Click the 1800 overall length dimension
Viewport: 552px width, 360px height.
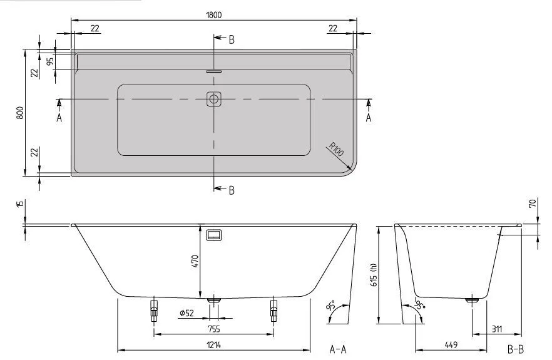tap(214, 14)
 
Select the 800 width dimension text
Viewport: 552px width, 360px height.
tap(20, 113)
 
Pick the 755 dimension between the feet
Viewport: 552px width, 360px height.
tap(213, 329)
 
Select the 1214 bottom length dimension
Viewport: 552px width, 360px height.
tap(213, 344)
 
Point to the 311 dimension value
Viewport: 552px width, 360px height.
tap(498, 329)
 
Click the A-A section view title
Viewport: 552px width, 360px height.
tap(338, 349)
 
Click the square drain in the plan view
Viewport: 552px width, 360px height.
tap(214, 99)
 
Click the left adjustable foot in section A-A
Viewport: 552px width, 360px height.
tap(153, 310)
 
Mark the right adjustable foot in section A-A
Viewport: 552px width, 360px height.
tap(273, 310)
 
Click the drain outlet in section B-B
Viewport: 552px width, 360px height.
tap(473, 300)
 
